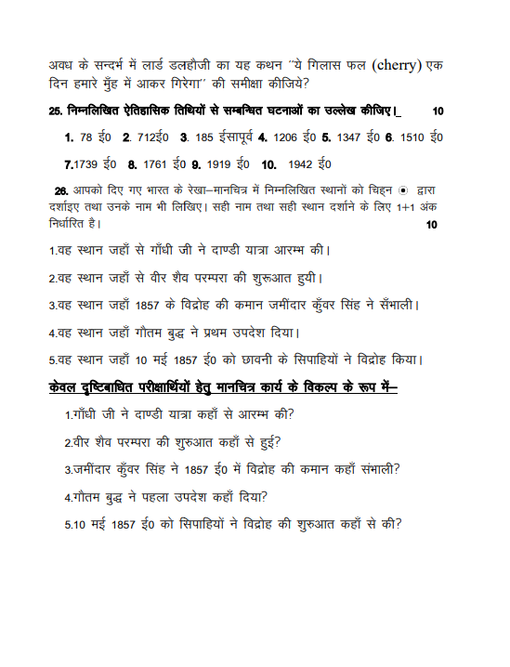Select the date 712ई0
148,137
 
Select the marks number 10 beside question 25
438,111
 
